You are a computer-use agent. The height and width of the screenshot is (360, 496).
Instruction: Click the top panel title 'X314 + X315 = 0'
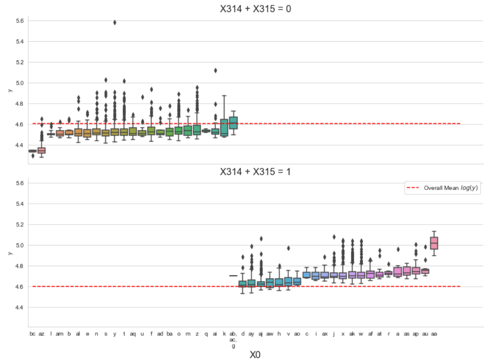[x=255, y=9]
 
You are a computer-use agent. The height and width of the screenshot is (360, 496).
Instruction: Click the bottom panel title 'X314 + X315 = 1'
[x=255, y=171]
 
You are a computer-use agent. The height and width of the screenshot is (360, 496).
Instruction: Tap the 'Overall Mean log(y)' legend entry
[x=443, y=189]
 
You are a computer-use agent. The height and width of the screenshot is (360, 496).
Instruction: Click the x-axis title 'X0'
[x=255, y=355]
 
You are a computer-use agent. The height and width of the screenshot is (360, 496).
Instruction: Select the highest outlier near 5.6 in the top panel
[x=115, y=22]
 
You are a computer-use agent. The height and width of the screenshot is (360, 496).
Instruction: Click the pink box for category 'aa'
[x=434, y=243]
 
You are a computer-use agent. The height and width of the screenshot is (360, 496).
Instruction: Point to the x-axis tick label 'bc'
[x=32, y=334]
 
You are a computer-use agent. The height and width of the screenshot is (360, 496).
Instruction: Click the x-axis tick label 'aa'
[x=434, y=334]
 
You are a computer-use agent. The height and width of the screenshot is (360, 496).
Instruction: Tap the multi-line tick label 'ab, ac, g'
[x=233, y=339]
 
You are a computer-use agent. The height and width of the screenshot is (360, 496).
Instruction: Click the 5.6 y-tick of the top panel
[x=19, y=21]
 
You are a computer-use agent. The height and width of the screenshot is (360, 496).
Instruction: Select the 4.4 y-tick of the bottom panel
[x=19, y=307]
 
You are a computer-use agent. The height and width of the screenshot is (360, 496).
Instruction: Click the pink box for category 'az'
[x=41, y=150]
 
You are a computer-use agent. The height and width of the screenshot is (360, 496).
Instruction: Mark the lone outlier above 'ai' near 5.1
[x=216, y=70]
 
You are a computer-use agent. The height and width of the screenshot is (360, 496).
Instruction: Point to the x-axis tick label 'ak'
[x=352, y=334]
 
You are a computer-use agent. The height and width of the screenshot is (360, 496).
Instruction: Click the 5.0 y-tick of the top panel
[x=19, y=83]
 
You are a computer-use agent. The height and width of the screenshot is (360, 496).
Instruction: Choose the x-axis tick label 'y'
[x=115, y=334]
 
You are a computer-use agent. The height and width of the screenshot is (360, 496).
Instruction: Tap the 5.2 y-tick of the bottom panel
[x=19, y=224]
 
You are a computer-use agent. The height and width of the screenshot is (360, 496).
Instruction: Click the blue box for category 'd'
[x=243, y=284]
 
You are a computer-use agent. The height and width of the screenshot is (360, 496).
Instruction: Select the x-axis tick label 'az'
[x=41, y=334]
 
